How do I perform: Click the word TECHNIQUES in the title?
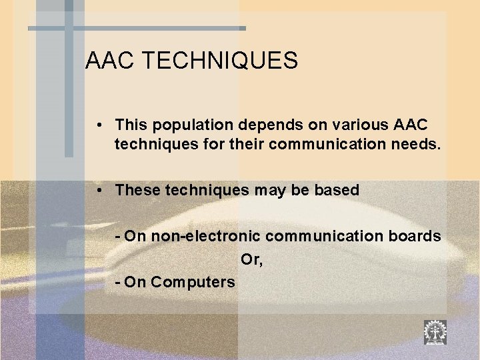point(220,61)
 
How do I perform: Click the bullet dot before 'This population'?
point(98,125)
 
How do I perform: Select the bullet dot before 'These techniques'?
point(98,190)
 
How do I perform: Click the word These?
point(137,190)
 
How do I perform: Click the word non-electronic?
point(200,236)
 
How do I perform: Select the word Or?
point(251,259)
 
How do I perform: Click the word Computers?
point(193,282)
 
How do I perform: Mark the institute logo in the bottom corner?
point(435,331)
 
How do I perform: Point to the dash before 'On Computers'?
point(117,282)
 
